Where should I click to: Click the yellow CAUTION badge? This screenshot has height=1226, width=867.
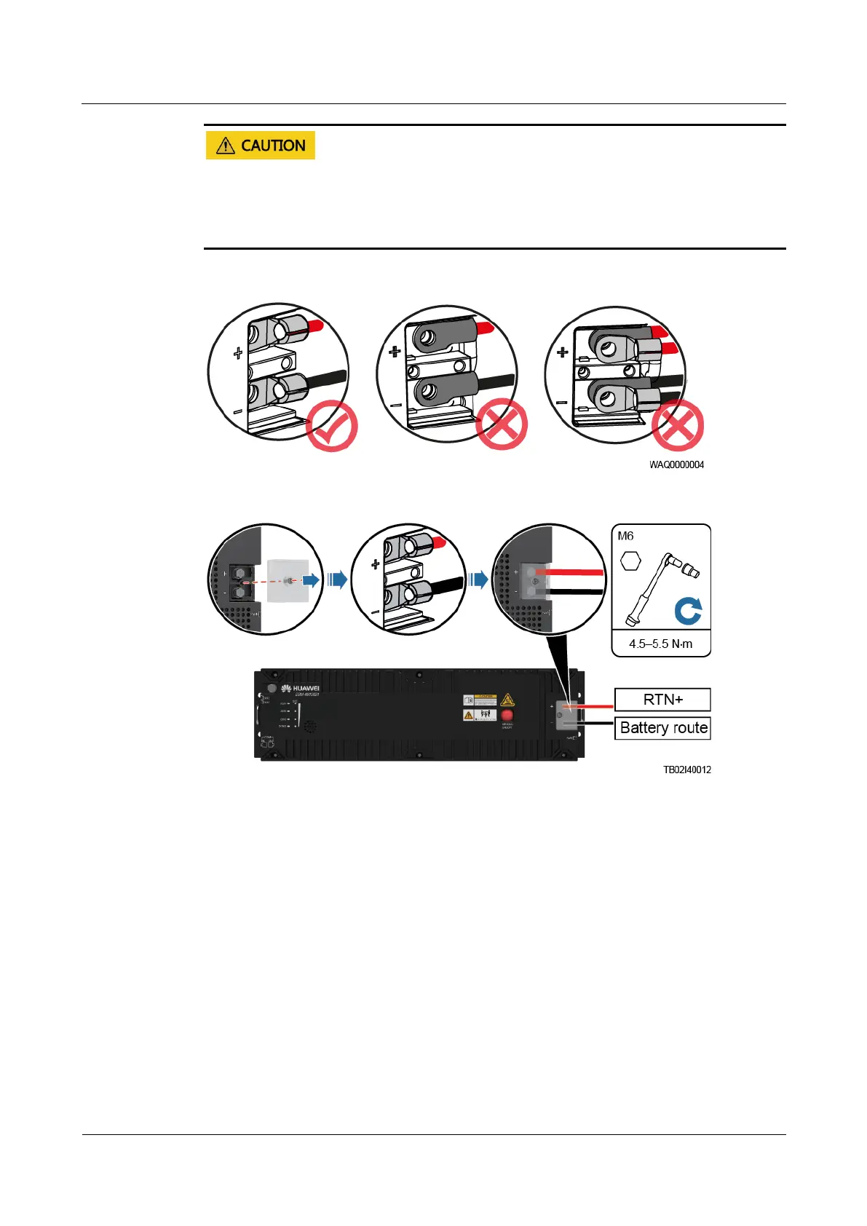click(x=260, y=146)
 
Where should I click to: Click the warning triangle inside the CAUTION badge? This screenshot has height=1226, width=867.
click(x=226, y=146)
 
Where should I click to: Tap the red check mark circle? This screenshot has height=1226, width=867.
click(x=332, y=426)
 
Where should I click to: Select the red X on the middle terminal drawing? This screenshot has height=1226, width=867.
click(x=502, y=424)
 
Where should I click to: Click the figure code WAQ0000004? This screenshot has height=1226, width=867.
click(x=676, y=464)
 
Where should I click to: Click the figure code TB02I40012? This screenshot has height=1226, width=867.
click(x=686, y=770)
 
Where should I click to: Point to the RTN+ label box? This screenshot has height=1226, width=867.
click(x=662, y=700)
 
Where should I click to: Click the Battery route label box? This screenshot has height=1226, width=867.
click(x=662, y=728)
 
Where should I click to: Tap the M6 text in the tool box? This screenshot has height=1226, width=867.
click(x=625, y=536)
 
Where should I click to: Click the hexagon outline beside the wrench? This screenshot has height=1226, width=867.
click(x=630, y=561)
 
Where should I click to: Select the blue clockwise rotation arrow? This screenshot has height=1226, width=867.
click(x=688, y=611)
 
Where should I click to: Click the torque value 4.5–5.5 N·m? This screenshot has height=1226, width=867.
click(x=660, y=644)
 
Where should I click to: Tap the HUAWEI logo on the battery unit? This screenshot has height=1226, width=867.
click(x=301, y=689)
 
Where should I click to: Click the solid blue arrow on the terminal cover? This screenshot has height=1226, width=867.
click(x=312, y=580)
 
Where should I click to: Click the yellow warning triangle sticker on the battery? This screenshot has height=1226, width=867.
click(x=507, y=700)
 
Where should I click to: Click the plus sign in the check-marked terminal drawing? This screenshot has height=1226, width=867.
click(x=238, y=354)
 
